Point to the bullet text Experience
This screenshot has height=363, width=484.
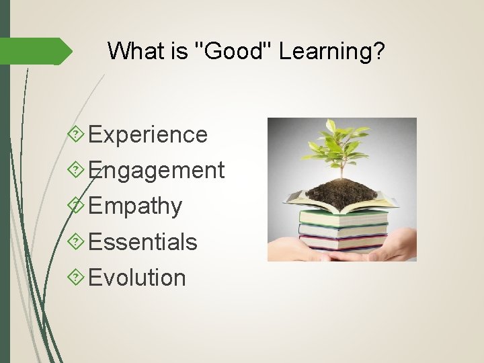(x=148, y=134)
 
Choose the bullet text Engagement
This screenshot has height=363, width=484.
(x=156, y=171)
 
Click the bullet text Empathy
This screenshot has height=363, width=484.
(x=135, y=206)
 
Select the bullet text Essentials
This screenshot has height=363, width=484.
(x=143, y=242)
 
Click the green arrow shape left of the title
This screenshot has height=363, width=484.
(x=40, y=51)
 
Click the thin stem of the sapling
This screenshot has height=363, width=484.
(x=341, y=165)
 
